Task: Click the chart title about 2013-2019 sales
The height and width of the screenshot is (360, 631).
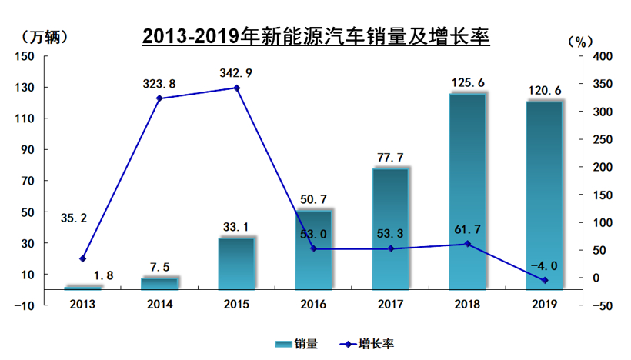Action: coord(315,35)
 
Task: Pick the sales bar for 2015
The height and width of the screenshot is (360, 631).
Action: coord(236,264)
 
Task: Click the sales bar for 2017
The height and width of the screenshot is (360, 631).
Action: coord(390,228)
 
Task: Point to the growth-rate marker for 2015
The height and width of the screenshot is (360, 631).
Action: coord(236,88)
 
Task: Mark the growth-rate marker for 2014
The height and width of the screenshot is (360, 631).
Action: coord(159,98)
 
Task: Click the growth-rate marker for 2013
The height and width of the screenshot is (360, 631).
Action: coord(82,258)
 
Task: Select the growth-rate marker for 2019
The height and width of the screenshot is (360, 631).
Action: coord(544,280)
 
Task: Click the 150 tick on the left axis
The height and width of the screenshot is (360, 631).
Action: coord(25,56)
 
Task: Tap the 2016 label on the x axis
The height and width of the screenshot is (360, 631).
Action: coord(313,304)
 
